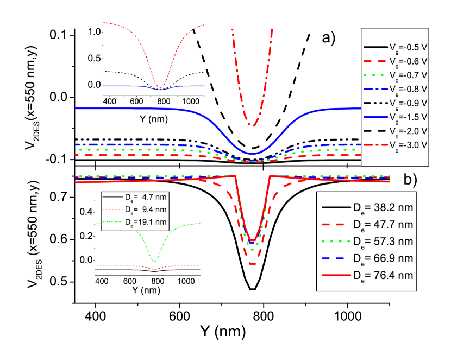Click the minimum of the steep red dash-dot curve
[252, 125]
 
